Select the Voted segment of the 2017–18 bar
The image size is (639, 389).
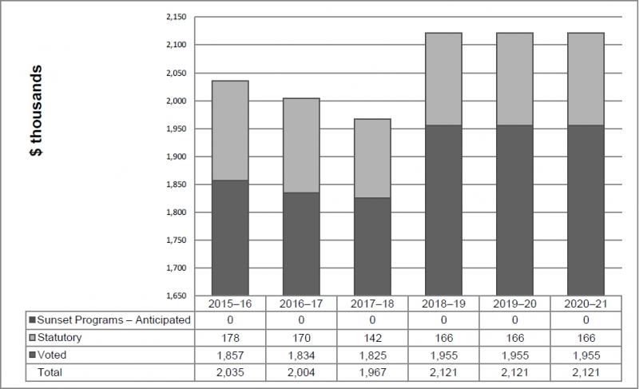pyautogui.click(x=372, y=246)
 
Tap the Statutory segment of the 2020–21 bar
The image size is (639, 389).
pyautogui.click(x=585, y=78)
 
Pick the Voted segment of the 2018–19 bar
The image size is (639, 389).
pyautogui.click(x=443, y=210)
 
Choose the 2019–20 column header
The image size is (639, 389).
pyautogui.click(x=514, y=304)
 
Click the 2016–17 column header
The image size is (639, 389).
pyautogui.click(x=301, y=304)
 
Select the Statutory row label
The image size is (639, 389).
pyautogui.click(x=60, y=338)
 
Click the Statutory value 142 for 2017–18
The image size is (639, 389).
pyautogui.click(x=372, y=338)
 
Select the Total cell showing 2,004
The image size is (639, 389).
pyautogui.click(x=301, y=371)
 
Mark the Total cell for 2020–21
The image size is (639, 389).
pyautogui.click(x=585, y=371)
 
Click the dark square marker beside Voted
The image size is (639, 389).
pyautogui.click(x=33, y=355)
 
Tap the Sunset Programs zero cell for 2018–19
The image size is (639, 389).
pyautogui.click(x=443, y=320)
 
